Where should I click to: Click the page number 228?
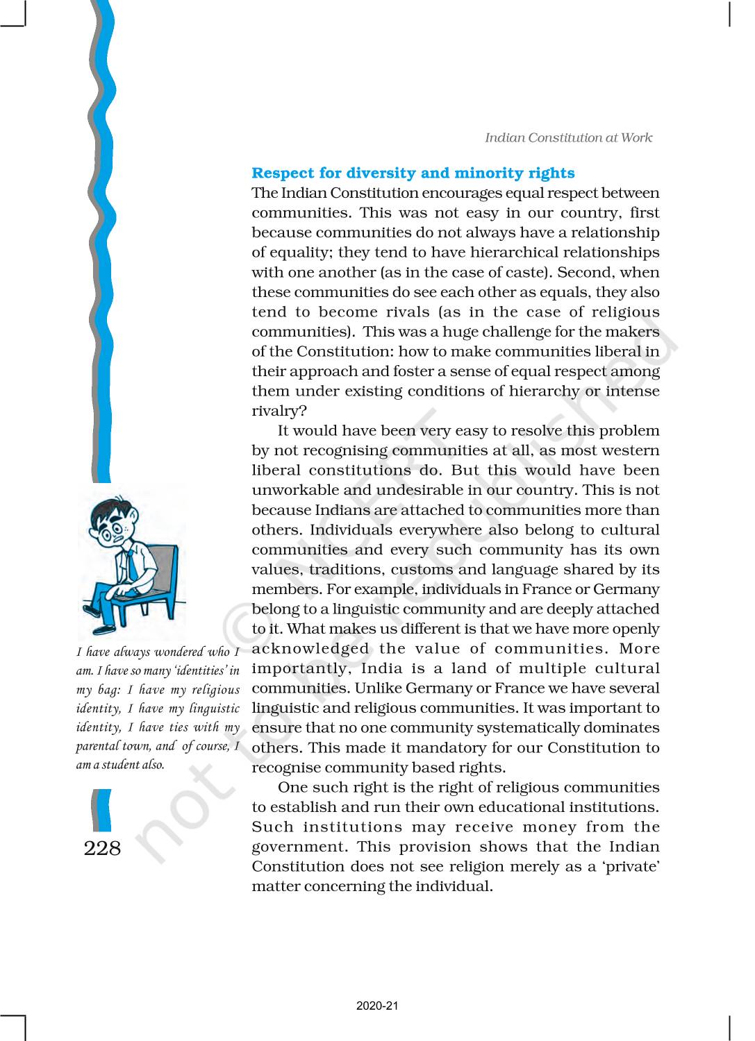102,848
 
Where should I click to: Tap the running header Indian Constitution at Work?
568,137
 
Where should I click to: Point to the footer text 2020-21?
377,1006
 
